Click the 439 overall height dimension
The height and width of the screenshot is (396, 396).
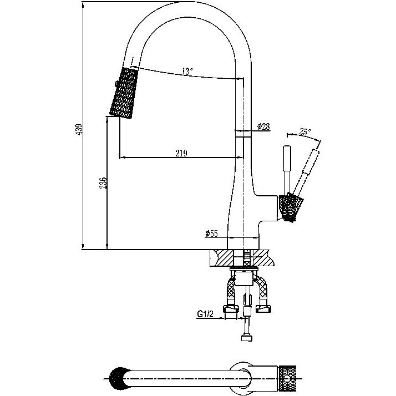click(79, 129)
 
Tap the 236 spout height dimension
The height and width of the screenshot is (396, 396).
click(103, 183)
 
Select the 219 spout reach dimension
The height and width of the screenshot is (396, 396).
click(181, 153)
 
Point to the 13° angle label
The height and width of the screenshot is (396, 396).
click(187, 71)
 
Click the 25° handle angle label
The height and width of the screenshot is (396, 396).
click(305, 131)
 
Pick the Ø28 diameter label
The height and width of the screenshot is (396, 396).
click(263, 126)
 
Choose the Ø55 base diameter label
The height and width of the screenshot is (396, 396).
click(211, 233)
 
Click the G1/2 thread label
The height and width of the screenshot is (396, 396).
click(205, 314)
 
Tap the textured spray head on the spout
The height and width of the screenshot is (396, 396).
click(124, 93)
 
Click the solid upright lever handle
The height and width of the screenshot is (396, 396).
click(287, 170)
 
